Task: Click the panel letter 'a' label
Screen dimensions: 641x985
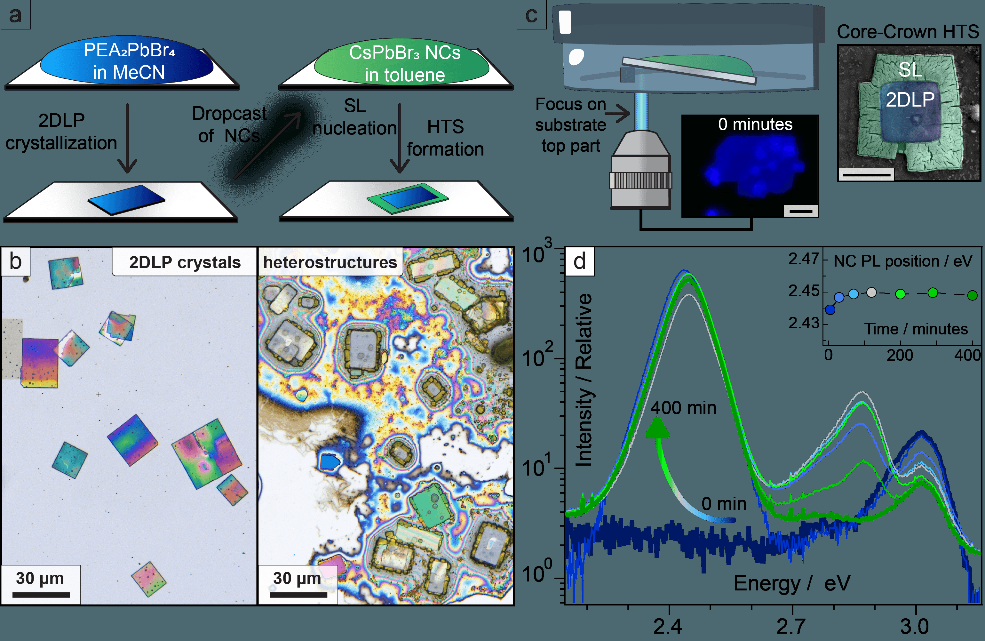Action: pos(15,15)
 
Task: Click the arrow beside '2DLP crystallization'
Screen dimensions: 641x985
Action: pos(127,139)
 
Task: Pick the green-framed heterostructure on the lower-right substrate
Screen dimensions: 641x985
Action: pos(408,197)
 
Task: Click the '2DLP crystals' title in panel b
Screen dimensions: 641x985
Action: pos(185,262)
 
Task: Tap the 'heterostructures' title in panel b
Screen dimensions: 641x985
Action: pos(330,262)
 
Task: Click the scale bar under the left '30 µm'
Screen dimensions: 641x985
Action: pos(41,595)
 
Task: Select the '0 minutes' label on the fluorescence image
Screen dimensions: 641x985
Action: pos(755,124)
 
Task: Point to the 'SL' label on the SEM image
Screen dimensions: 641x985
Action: pos(910,69)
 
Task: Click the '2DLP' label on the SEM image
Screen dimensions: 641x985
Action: pos(910,100)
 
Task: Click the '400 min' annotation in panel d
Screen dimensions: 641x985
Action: pos(683,408)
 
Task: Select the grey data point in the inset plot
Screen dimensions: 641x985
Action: pos(871,293)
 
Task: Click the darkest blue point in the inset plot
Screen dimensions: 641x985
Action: pos(830,310)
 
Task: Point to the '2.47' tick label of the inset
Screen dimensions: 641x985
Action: pos(803,259)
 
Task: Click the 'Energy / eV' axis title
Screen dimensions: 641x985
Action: pos(791,583)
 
